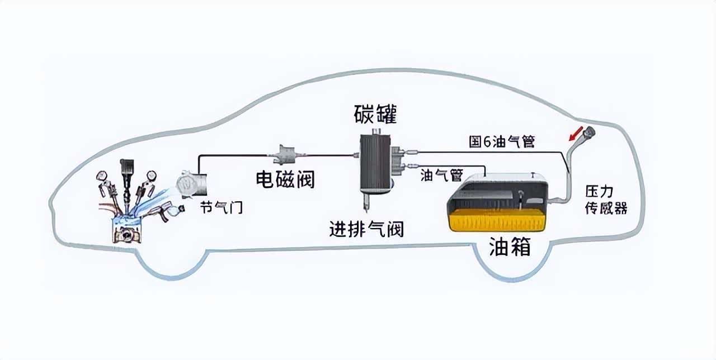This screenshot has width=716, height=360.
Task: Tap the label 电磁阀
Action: [285, 179]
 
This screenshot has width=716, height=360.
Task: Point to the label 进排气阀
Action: [366, 229]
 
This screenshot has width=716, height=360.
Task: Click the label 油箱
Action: [510, 247]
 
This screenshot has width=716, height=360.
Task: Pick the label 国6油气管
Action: [502, 142]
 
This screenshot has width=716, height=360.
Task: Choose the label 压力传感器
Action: [606, 200]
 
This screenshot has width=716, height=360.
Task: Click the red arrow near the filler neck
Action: [574, 134]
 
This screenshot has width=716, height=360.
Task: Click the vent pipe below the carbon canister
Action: [367, 205]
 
